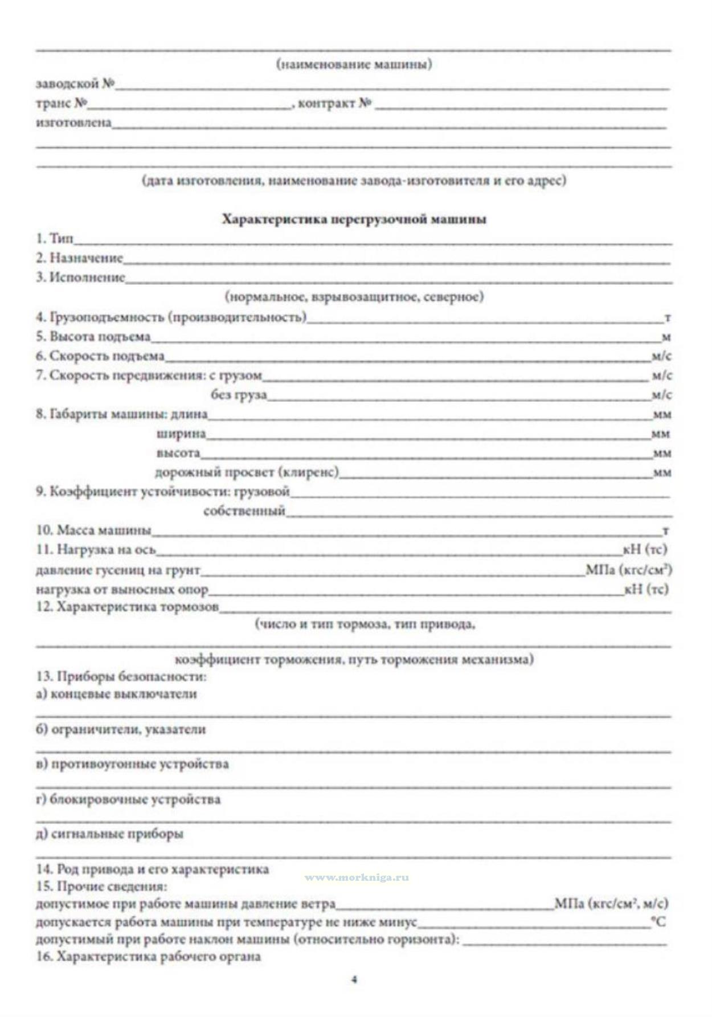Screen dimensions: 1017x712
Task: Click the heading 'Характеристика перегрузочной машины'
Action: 354,219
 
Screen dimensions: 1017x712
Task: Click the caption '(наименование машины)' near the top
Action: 354,64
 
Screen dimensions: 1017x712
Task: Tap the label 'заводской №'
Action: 75,84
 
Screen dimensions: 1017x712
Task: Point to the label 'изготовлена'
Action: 73,122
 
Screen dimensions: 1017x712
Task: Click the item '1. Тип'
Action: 55,239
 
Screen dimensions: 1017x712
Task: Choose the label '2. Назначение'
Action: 79,258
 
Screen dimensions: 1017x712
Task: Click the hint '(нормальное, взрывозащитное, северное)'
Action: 354,296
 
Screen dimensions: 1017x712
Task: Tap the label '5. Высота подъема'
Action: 93,336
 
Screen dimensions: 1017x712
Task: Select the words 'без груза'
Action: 239,394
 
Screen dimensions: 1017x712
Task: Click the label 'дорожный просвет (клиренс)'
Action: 247,472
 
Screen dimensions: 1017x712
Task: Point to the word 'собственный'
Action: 244,510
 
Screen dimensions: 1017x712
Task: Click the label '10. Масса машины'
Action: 93,530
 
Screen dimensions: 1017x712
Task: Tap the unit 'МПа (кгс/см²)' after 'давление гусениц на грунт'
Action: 628,569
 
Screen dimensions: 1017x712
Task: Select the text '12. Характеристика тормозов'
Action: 127,607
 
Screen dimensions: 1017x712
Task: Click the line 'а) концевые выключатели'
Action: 116,694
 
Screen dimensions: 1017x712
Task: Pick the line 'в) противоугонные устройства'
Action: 132,764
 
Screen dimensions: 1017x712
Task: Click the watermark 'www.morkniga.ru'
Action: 357,877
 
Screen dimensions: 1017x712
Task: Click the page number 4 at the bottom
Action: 354,980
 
